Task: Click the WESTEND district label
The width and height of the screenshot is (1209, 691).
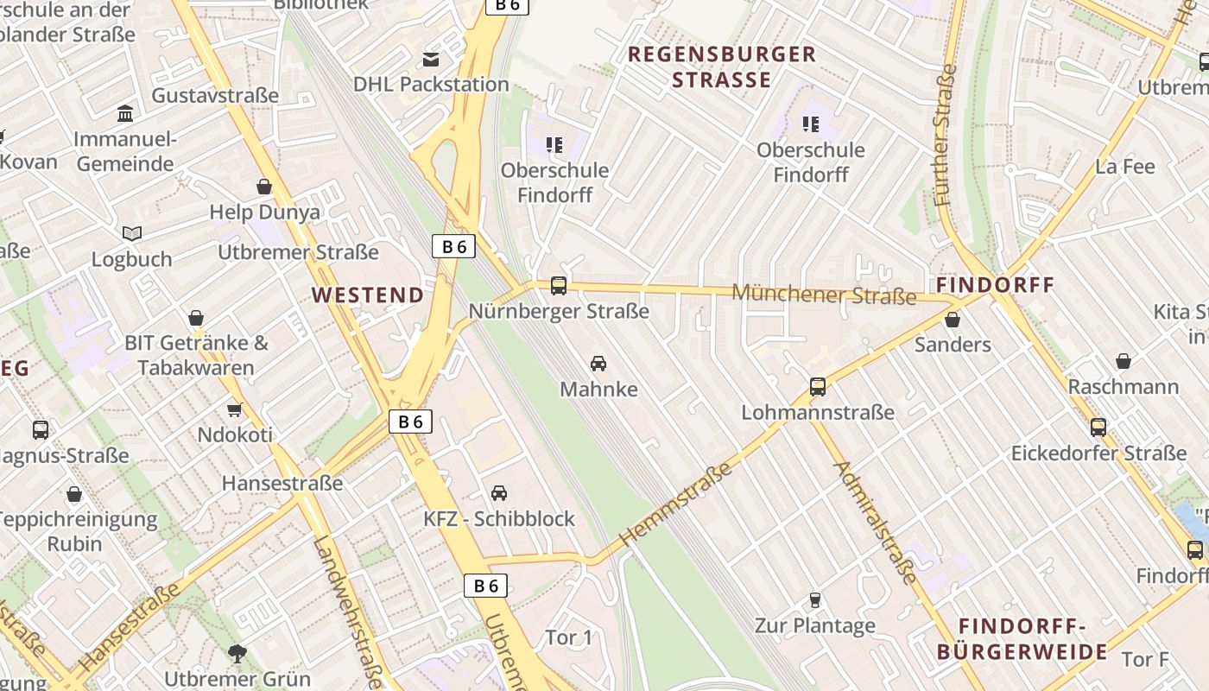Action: click(368, 295)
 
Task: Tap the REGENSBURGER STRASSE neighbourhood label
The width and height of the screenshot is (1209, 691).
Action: click(721, 67)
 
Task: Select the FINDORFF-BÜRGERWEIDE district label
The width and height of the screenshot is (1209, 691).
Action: click(1022, 639)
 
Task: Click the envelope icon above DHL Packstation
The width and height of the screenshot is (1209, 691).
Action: click(430, 59)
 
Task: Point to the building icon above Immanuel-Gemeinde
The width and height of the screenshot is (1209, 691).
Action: click(125, 114)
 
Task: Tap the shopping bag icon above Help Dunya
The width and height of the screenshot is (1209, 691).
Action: click(264, 187)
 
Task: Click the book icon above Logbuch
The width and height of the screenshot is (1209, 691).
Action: click(131, 233)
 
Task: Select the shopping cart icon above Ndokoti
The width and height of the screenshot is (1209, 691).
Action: click(234, 409)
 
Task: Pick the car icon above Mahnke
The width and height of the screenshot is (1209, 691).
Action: click(598, 364)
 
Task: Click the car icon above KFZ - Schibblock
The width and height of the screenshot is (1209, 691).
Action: click(498, 493)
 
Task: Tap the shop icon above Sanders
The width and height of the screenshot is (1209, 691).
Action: click(953, 320)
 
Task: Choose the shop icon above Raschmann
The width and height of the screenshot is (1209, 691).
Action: click(1124, 361)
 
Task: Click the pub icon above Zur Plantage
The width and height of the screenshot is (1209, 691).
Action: click(814, 599)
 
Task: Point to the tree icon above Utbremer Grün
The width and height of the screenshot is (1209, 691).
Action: click(237, 653)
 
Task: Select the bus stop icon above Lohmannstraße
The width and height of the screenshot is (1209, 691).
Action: click(818, 387)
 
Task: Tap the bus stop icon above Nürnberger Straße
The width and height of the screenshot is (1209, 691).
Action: click(559, 286)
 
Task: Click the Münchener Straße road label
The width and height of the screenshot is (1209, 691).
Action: click(824, 295)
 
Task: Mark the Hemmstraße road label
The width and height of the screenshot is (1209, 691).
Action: click(676, 503)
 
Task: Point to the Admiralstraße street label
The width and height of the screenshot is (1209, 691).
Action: click(875, 523)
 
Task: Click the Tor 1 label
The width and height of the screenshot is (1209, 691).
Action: click(568, 637)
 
